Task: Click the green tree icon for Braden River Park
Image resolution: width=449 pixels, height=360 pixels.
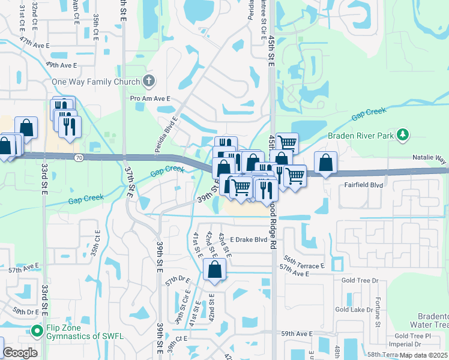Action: pyautogui.click(x=405, y=134)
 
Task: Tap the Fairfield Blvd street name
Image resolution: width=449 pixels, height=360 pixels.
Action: pyautogui.click(x=363, y=185)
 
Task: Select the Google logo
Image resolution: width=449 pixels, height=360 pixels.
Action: pyautogui.click(x=20, y=353)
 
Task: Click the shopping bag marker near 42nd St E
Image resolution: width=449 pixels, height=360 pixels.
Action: pyautogui.click(x=215, y=271)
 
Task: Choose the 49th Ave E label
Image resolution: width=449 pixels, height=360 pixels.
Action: pyautogui.click(x=61, y=65)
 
